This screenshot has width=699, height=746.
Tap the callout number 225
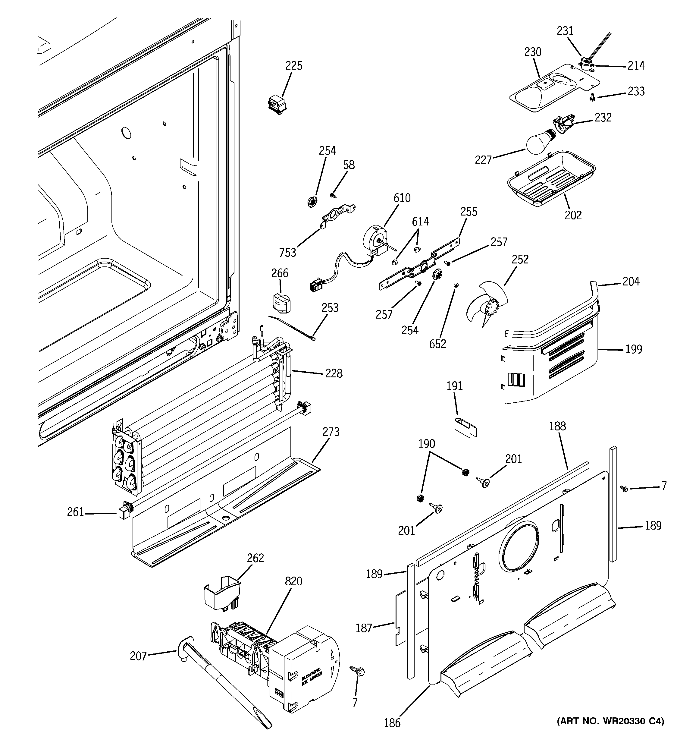pos(294,66)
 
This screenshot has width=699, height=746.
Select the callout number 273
pos(331,432)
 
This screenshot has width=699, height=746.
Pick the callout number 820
pos(293,581)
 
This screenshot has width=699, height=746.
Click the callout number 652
pos(437,344)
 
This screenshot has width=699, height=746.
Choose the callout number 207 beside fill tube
pos(138,656)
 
